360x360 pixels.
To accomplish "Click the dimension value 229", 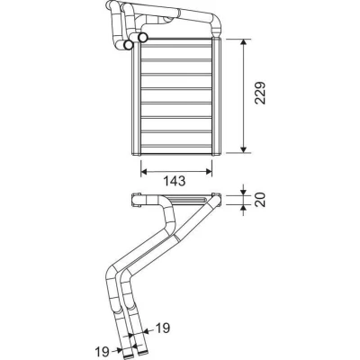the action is click(260, 93).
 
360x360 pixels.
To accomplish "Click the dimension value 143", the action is click(175, 181).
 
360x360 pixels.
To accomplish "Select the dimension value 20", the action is click(260, 200).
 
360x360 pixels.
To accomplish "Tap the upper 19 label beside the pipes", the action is click(162, 328).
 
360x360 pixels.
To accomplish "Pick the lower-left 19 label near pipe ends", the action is click(103, 350).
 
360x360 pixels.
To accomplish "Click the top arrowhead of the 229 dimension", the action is click(244, 42).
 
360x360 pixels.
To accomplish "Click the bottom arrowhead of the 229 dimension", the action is click(244, 149).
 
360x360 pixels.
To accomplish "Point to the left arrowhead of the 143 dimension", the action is click(144, 172).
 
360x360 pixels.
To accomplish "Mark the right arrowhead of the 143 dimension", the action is click(209, 172).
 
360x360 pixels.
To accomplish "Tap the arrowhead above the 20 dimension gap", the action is click(244, 193).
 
